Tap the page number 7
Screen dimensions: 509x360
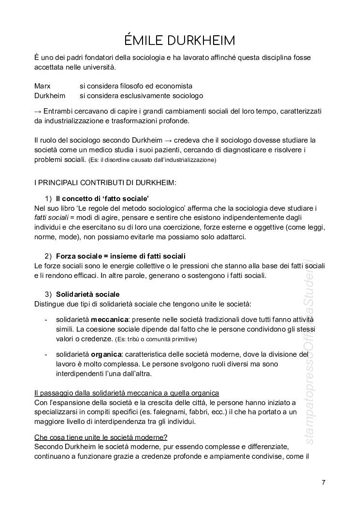[x=323, y=482]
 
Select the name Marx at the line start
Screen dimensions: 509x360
[x=43, y=86]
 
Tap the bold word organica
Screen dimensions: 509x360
[x=107, y=355]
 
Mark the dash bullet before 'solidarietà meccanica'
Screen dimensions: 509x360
[x=46, y=320]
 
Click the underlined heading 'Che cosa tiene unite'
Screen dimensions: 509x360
[x=101, y=437]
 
